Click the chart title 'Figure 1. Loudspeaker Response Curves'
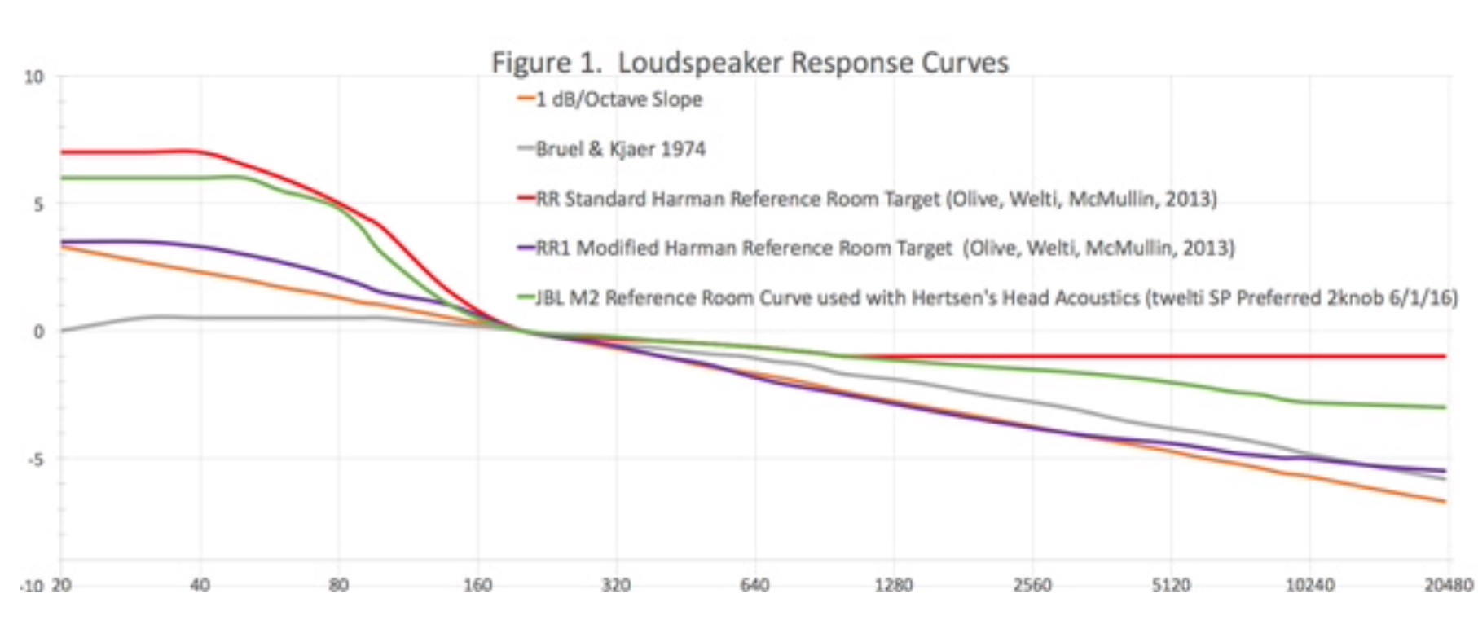tap(750, 62)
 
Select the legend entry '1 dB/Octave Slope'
tap(618, 99)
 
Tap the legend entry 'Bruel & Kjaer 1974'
tap(620, 149)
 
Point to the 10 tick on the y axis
tap(33, 77)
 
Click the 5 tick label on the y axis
tap(38, 204)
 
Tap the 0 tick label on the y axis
tap(38, 332)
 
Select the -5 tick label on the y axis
tap(35, 460)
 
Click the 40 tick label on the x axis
tap(200, 585)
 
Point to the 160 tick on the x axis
tap(477, 585)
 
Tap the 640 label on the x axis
tap(754, 585)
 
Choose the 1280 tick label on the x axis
tap(893, 585)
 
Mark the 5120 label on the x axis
tap(1171, 585)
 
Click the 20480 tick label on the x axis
tap(1448, 585)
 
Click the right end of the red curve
tap(1445, 356)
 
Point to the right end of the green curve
tap(1445, 407)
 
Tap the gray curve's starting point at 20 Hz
tap(62, 330)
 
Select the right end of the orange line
tap(1445, 502)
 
